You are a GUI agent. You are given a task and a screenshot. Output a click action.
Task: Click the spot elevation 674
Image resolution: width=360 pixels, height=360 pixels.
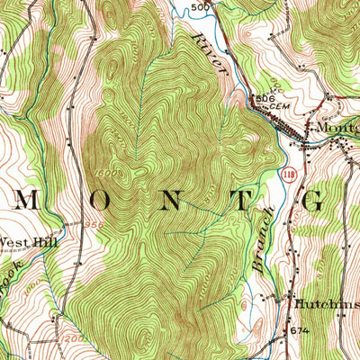299,332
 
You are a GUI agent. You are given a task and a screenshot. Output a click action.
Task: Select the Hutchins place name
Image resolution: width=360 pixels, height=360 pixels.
326,304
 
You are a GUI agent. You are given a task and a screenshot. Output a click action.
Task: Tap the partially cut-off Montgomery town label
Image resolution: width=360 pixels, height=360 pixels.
333,127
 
